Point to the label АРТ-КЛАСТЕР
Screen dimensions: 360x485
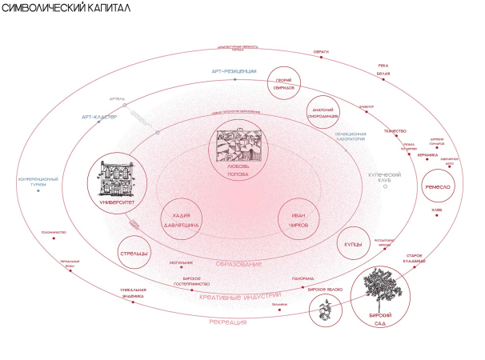click(99, 117)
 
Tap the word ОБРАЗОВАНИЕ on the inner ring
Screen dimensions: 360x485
click(239, 264)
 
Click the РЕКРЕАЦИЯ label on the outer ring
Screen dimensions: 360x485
click(227, 322)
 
